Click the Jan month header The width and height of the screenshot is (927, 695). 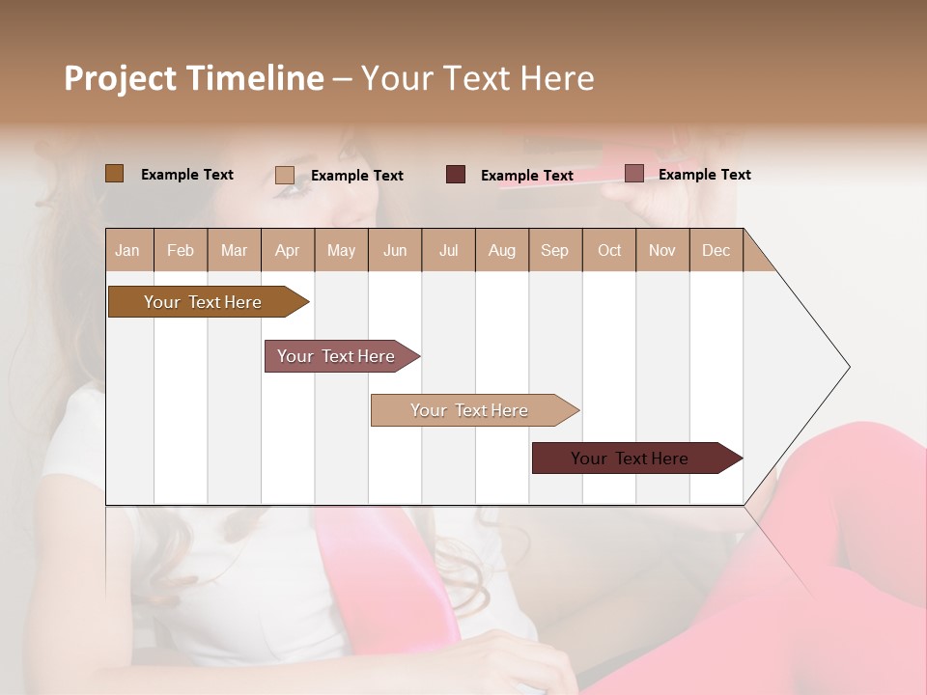pos(127,250)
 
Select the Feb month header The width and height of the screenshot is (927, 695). pos(181,250)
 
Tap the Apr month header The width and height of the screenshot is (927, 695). pos(287,250)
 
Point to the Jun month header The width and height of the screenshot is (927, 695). pos(395,250)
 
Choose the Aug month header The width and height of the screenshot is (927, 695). pos(502,250)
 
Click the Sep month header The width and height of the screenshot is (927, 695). pos(554,250)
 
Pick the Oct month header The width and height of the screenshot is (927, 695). pos(609,250)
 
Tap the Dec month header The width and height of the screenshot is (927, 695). pos(716,250)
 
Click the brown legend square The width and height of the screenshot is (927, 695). pos(115,174)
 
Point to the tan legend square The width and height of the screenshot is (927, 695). pos(285,175)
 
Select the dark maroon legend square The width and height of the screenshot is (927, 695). pos(456,175)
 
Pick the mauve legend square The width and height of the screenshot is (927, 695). pos(633,174)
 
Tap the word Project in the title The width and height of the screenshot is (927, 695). pos(121,78)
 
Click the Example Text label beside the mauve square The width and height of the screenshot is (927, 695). pos(704,175)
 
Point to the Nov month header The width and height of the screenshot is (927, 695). pos(662,250)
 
